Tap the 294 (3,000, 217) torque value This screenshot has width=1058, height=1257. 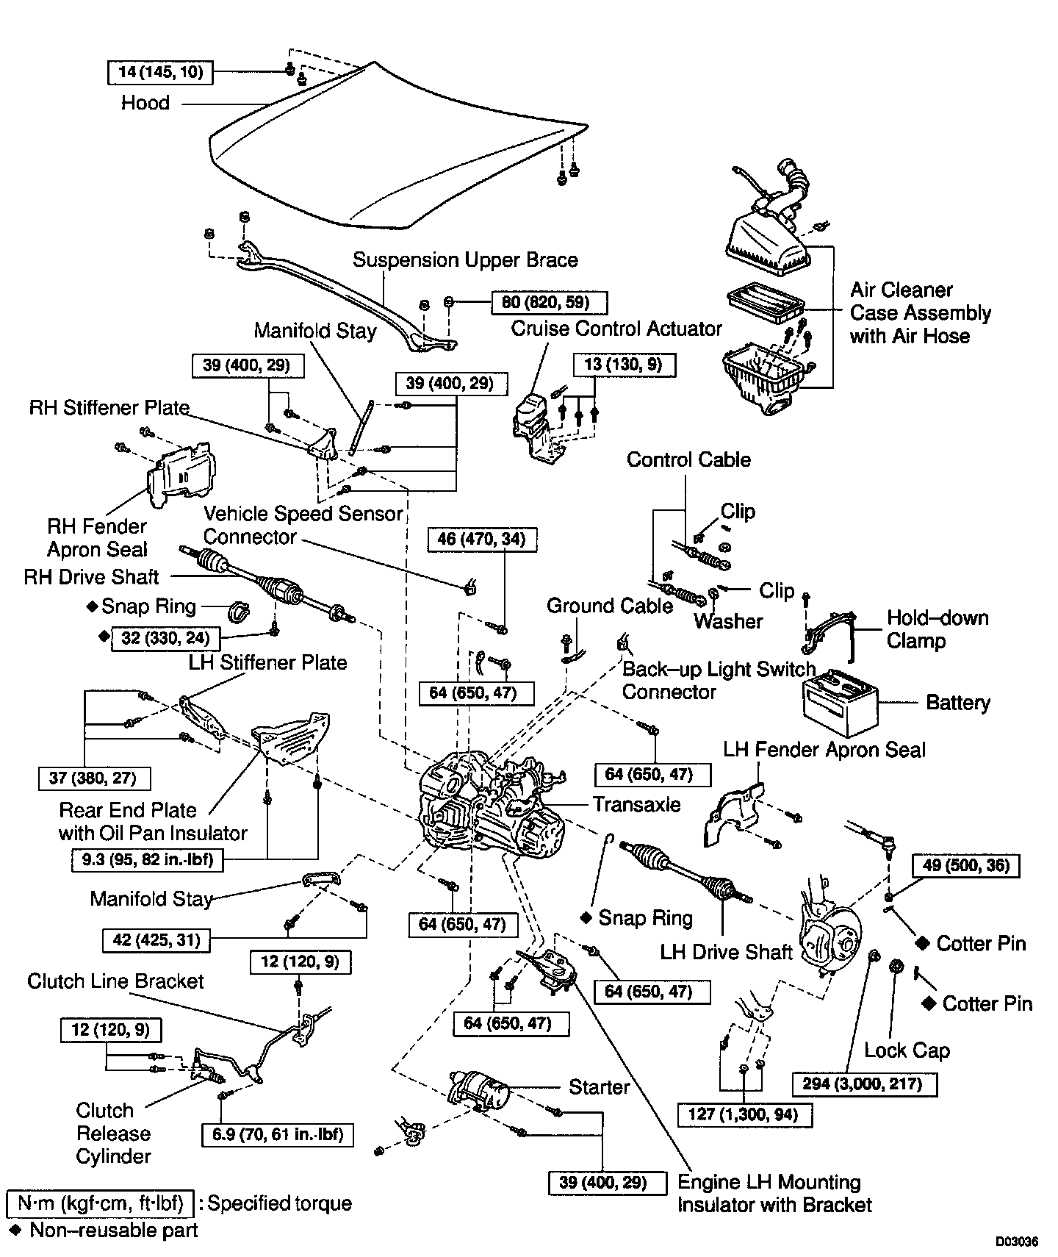click(865, 1084)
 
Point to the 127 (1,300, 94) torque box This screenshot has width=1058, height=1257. click(744, 1114)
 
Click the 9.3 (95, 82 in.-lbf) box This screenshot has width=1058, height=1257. click(148, 859)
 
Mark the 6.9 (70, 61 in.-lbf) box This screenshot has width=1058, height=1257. click(277, 1134)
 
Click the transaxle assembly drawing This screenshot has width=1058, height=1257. click(489, 805)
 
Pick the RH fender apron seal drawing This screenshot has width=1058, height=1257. click(182, 477)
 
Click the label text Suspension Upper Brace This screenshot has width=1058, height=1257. click(465, 260)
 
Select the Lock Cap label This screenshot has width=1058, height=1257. click(907, 1050)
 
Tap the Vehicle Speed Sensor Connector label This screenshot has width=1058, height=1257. click(303, 525)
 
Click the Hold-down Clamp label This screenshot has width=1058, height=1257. click(937, 628)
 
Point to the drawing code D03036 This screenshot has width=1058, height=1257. click(1017, 1242)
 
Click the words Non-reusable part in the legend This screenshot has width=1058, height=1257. click(114, 1230)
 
